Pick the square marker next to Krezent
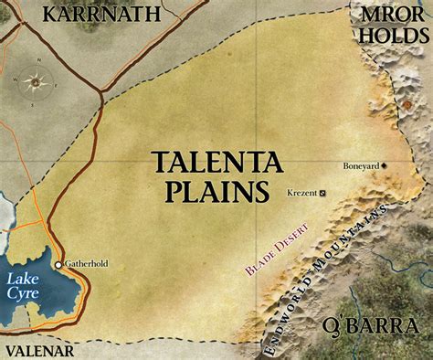pos(322,193)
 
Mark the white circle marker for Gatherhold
pos(58,265)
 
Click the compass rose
pos(37,80)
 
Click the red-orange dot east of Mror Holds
pos(406,106)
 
